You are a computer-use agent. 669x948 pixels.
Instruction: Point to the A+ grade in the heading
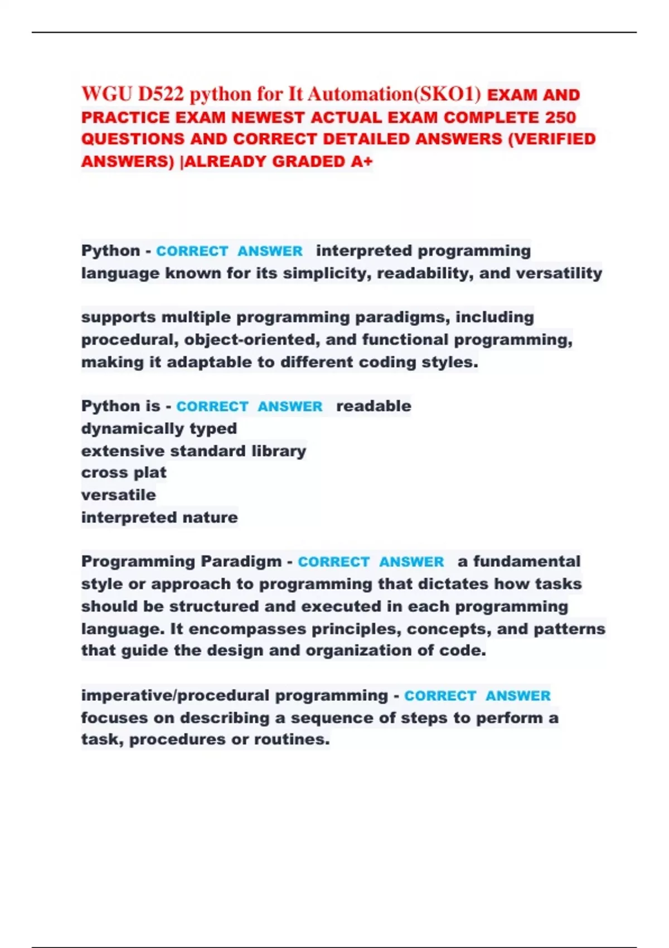362,162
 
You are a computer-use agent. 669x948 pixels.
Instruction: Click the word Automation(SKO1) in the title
394,94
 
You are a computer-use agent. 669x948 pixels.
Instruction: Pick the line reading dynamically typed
159,428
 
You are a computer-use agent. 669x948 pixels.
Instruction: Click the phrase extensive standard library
193,451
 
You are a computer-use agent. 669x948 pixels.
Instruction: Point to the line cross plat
124,473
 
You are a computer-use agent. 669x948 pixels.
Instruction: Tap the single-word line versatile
118,495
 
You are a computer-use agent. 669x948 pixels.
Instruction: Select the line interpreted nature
159,517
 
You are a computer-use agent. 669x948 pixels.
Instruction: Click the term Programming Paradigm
181,562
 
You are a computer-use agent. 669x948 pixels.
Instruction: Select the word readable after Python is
374,406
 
